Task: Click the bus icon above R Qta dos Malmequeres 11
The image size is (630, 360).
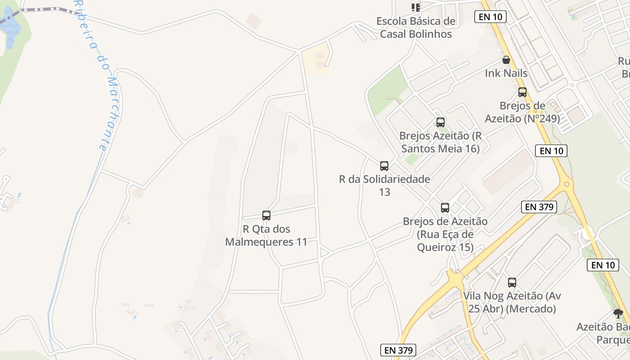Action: click(266, 216)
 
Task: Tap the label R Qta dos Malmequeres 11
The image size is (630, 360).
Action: click(266, 235)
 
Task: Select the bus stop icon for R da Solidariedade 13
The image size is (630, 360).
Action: click(384, 166)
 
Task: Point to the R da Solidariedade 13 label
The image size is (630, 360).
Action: click(384, 185)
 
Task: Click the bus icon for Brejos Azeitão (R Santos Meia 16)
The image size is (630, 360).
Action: click(441, 122)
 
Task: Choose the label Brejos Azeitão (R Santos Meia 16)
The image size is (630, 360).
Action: click(441, 142)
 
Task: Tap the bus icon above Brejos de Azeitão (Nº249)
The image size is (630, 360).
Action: click(522, 92)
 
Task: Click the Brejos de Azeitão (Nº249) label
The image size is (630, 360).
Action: click(522, 112)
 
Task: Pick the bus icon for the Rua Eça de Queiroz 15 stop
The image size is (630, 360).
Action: click(445, 208)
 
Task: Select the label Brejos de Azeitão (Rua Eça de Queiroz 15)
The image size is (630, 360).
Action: click(445, 234)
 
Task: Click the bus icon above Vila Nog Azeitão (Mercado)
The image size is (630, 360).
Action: click(512, 283)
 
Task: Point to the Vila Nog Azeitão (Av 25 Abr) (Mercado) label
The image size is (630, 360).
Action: click(512, 302)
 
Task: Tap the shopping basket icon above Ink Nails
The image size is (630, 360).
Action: click(506, 60)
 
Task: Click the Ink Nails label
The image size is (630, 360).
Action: click(506, 73)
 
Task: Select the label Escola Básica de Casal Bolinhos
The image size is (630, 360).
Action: click(416, 27)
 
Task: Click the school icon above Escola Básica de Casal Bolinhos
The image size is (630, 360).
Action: click(416, 7)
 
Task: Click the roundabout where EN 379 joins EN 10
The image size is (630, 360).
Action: click(567, 184)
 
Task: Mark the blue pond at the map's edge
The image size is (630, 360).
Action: click(10, 27)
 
